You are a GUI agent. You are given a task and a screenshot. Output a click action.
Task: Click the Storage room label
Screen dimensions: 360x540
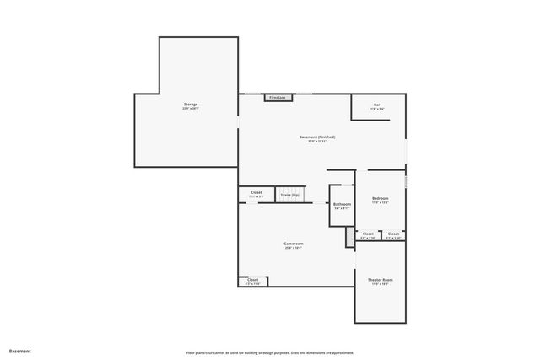click(191, 105)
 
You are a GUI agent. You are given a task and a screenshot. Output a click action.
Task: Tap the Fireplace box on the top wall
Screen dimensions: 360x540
click(278, 98)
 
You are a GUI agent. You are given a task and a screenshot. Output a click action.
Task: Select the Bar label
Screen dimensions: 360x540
click(376, 105)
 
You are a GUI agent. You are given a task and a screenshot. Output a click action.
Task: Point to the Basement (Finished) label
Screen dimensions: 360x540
click(317, 137)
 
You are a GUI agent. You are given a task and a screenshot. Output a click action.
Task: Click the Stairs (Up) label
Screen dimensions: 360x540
click(290, 195)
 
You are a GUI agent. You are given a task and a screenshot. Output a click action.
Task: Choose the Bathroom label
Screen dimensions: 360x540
click(342, 204)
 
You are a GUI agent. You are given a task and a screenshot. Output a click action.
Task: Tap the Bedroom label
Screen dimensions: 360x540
click(380, 198)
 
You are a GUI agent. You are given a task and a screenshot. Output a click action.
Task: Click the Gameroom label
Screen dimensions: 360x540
click(294, 244)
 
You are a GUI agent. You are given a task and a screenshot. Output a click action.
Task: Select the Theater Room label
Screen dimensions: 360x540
click(380, 279)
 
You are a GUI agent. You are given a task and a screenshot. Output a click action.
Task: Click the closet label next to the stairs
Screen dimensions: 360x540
click(256, 192)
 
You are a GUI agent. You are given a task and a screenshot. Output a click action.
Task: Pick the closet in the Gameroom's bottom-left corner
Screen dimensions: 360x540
click(252, 279)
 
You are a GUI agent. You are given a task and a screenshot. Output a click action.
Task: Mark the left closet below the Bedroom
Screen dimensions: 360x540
click(368, 234)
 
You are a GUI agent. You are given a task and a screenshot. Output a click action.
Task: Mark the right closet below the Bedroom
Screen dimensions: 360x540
click(393, 234)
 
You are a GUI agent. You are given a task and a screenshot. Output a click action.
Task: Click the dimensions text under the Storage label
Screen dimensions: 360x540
click(191, 109)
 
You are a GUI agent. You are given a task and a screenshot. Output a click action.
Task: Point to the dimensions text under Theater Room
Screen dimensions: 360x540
click(380, 284)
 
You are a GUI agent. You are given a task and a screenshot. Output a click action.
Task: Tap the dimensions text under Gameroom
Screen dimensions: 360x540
click(294, 249)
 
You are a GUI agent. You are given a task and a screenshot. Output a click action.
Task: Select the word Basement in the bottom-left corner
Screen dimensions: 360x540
click(20, 350)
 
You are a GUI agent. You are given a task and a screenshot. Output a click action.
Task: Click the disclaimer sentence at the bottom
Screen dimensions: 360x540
click(270, 352)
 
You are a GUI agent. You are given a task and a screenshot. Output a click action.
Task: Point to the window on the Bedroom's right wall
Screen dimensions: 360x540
click(406, 182)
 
